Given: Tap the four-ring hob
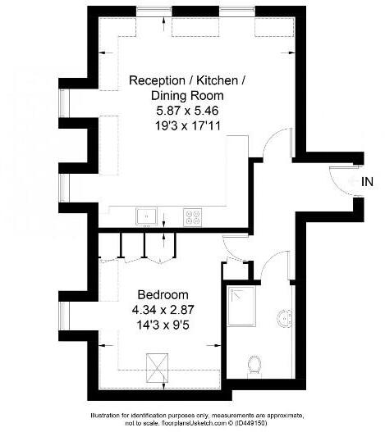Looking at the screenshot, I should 194,217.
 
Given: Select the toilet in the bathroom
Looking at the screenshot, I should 254,362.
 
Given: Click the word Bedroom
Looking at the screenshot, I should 163,295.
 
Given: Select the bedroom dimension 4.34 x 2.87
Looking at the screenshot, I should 163,310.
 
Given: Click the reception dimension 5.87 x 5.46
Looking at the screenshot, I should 176,110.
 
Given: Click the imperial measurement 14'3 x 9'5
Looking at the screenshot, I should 163,325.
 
